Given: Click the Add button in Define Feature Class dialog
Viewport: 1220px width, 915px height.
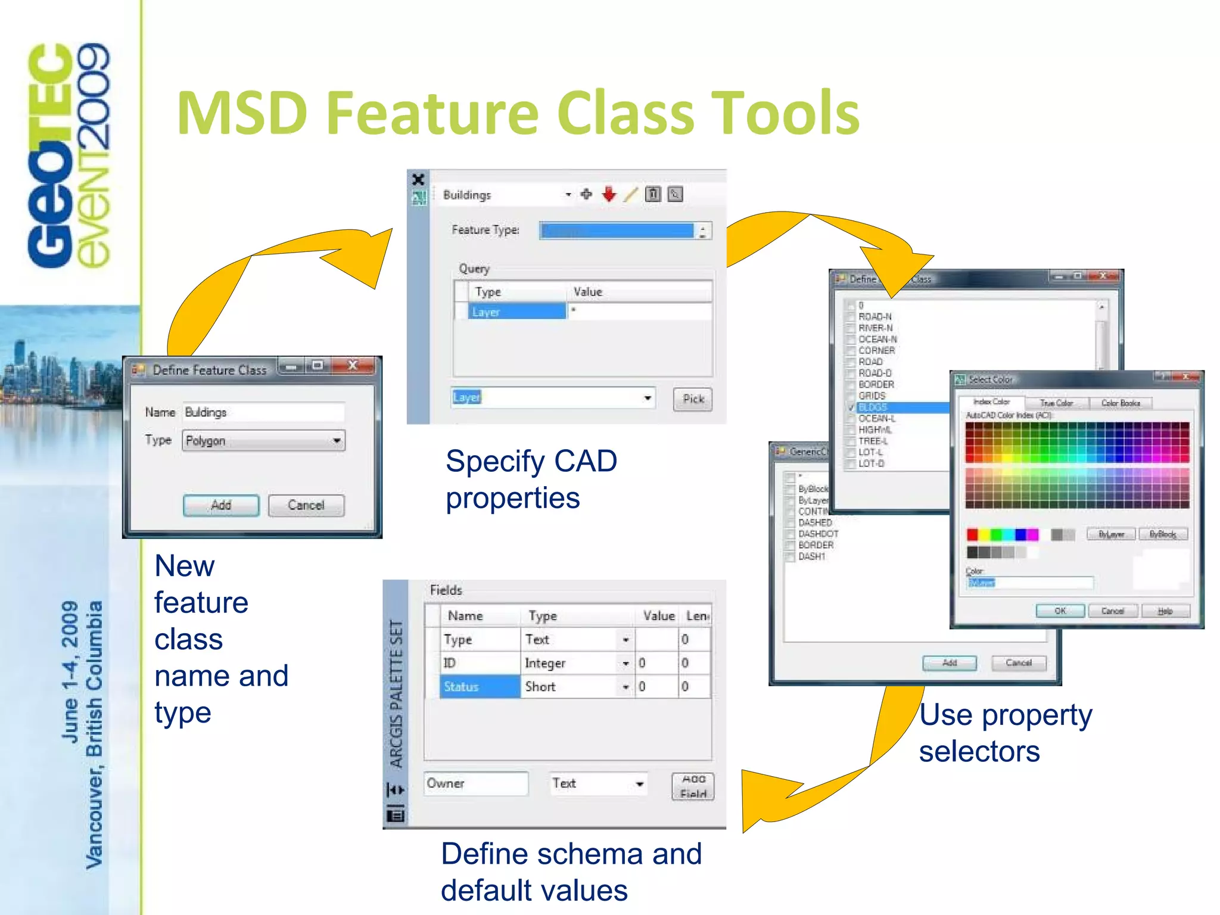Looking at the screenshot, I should [221, 505].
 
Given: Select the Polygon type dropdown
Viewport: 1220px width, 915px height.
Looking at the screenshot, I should [263, 441].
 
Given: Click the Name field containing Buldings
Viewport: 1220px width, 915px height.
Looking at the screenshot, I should [263, 412].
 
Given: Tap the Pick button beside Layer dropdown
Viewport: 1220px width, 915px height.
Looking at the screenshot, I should [693, 399].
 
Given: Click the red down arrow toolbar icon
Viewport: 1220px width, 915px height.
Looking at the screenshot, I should [608, 194].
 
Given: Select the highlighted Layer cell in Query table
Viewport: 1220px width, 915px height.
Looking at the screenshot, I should [516, 312].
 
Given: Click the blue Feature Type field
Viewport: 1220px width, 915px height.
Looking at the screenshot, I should [617, 231].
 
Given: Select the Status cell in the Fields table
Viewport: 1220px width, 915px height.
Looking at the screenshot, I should [480, 686].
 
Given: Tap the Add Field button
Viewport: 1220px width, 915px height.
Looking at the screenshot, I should [693, 786].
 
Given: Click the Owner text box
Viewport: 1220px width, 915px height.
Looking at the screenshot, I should [475, 783].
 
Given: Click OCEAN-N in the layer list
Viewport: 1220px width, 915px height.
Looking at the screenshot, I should [877, 339].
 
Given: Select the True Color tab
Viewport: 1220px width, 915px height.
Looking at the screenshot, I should [1056, 403].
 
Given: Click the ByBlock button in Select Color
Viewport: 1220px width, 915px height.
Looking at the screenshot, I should [1163, 534].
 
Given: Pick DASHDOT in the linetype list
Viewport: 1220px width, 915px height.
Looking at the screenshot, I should [818, 534].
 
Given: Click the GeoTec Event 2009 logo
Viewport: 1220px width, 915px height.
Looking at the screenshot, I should [69, 155].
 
